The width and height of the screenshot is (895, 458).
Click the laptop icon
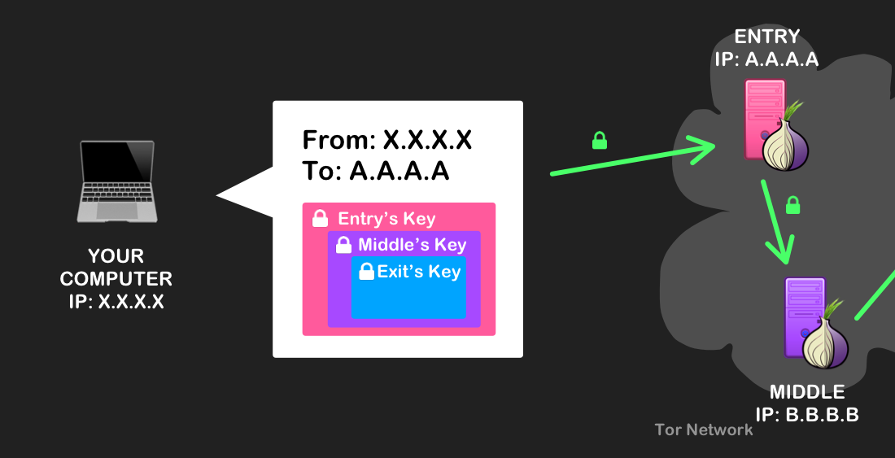click(x=117, y=181)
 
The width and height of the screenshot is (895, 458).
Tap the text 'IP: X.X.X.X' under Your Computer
click(x=116, y=301)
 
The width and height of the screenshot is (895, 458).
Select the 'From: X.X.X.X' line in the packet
click(x=387, y=140)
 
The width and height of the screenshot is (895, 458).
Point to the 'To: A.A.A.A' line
click(x=376, y=171)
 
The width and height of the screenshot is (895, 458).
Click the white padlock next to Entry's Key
click(x=321, y=218)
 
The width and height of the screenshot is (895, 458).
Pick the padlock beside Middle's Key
click(x=343, y=244)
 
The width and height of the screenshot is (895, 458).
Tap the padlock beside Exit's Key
click(x=366, y=271)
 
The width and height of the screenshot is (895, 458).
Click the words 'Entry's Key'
click(x=386, y=219)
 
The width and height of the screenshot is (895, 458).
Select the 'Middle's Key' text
click(x=413, y=245)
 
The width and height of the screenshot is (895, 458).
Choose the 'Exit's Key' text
click(x=418, y=272)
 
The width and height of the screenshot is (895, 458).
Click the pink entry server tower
click(x=764, y=120)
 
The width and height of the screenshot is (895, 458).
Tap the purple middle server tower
click(x=804, y=317)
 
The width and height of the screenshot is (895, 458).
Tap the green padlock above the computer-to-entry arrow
click(x=600, y=140)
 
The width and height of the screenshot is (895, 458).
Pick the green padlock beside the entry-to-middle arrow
click(x=792, y=205)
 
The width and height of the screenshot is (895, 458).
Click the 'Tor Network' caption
click(x=704, y=430)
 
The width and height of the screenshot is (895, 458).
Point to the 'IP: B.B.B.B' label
click(x=807, y=415)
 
